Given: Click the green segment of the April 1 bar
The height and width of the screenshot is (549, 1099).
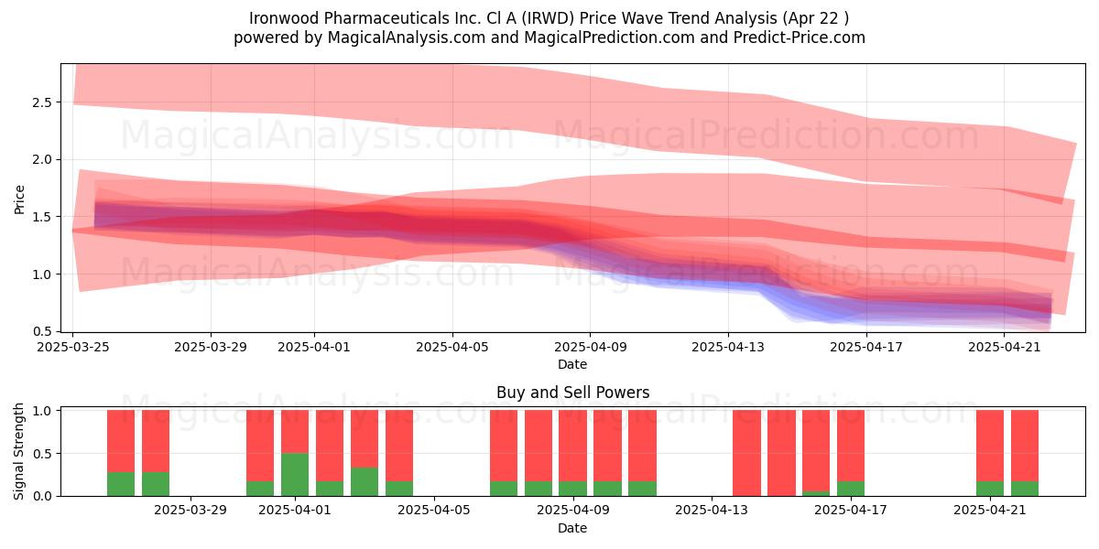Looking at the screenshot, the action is (x=295, y=475).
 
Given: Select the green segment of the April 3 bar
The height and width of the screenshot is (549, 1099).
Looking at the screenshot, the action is (x=365, y=482).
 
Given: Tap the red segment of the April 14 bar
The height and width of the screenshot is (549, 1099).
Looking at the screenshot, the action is (x=746, y=453).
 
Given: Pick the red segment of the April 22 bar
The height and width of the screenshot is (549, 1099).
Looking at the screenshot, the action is (x=1025, y=447).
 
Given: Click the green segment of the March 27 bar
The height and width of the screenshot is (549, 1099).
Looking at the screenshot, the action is (x=121, y=484).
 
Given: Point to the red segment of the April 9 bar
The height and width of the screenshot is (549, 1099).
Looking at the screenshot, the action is (x=573, y=447).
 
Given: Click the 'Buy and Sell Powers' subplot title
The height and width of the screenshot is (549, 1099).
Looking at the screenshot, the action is (x=572, y=393).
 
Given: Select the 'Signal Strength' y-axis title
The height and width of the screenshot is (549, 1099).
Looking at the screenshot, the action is (x=18, y=451).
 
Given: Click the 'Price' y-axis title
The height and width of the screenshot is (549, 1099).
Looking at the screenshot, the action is (x=19, y=199).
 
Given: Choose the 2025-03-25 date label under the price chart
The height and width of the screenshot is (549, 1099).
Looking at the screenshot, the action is (x=73, y=347).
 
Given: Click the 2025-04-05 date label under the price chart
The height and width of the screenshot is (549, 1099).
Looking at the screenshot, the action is (x=452, y=347).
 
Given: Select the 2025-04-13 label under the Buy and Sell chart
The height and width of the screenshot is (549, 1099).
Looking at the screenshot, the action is (x=712, y=511).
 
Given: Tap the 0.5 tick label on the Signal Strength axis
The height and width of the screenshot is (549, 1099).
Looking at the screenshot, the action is (x=43, y=454).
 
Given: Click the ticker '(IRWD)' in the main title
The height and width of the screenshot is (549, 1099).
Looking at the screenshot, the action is (x=548, y=18).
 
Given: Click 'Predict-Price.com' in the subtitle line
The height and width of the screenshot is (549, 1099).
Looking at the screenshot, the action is (x=800, y=38).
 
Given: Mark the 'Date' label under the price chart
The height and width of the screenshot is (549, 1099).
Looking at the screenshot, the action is (x=572, y=364).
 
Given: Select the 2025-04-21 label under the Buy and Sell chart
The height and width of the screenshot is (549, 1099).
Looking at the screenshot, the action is (x=990, y=511).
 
